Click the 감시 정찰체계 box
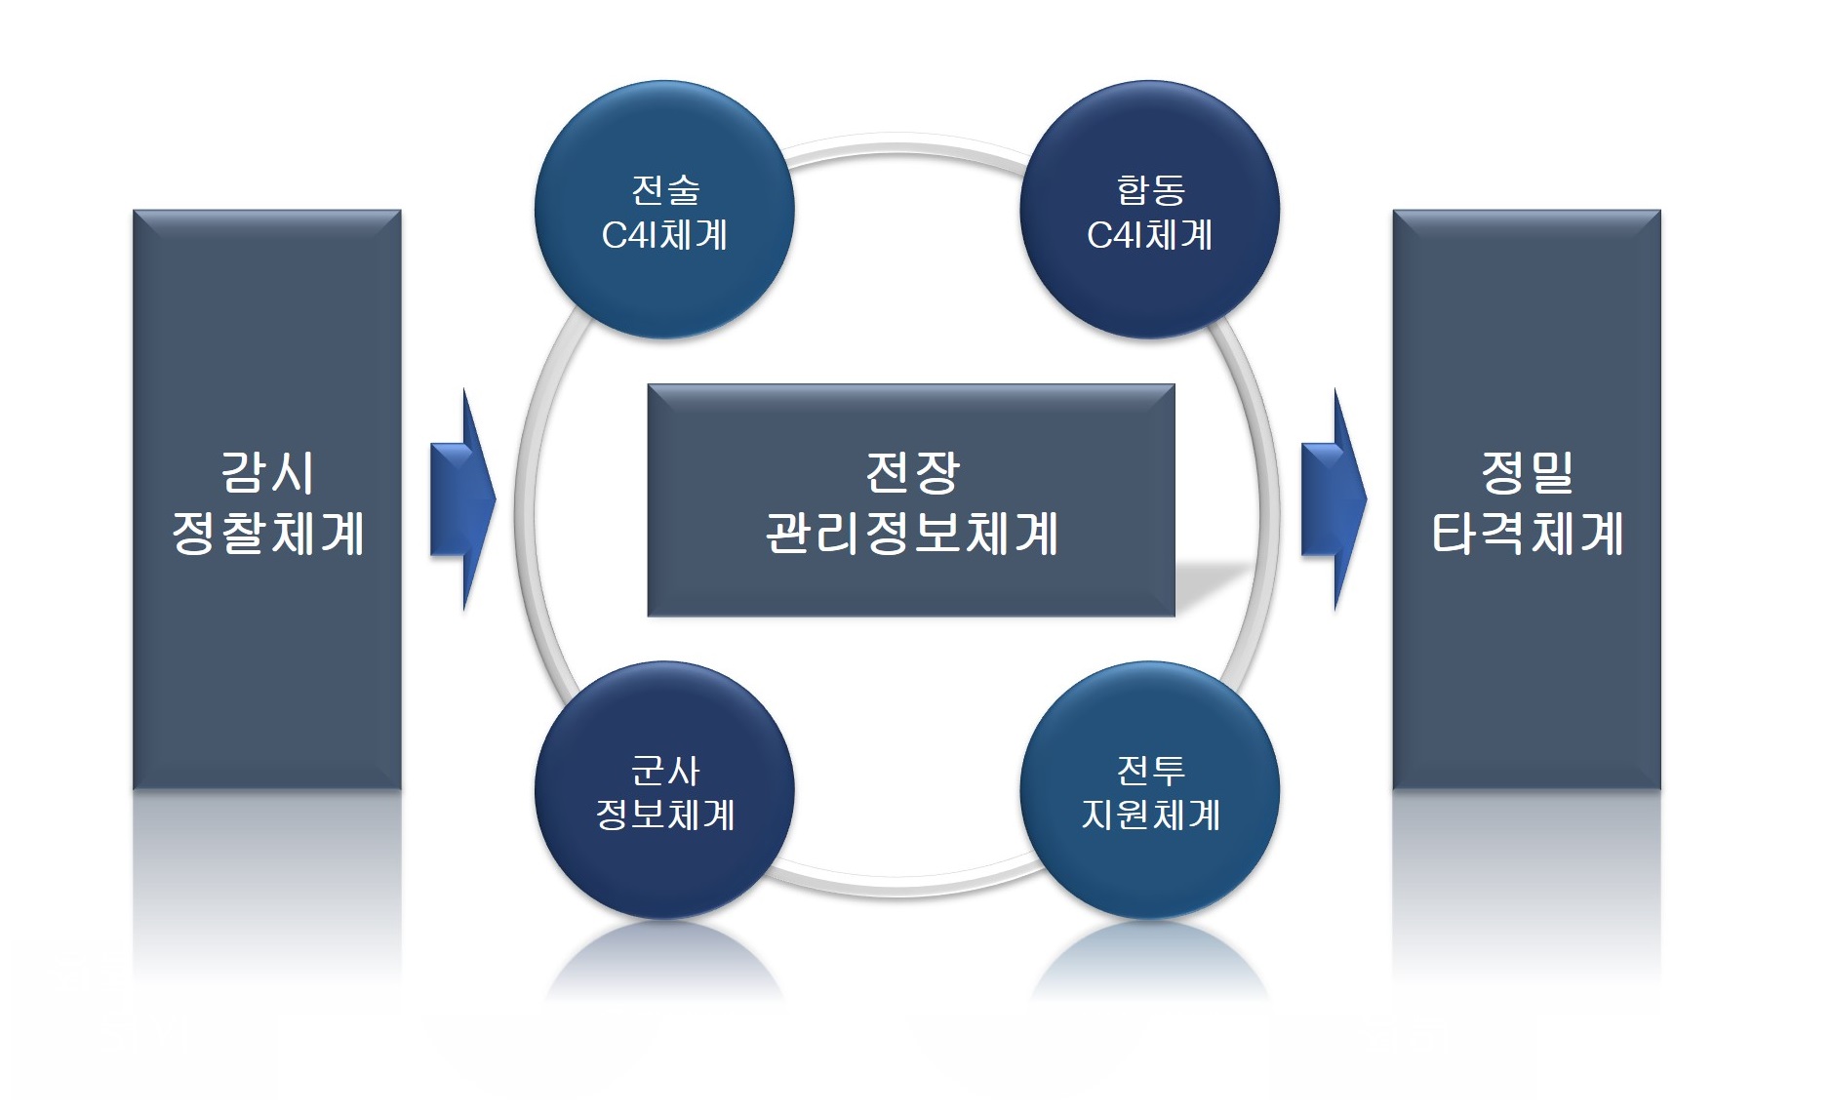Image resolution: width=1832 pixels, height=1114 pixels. pos(267,499)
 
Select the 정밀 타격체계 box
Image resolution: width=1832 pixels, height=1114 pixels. pos(1527,499)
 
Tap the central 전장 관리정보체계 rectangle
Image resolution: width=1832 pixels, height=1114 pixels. pos(911,500)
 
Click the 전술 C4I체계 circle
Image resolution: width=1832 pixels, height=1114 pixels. pos(664,210)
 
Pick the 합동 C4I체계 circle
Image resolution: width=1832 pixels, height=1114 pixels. pos(1150,210)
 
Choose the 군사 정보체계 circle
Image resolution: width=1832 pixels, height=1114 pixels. pos(664,790)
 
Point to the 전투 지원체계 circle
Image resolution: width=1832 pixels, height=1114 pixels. pos(1150,790)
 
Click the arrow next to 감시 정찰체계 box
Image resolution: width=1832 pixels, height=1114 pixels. pos(463,500)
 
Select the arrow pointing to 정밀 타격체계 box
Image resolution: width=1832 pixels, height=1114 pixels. pos(1334,500)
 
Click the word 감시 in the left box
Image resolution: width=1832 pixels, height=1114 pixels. pos(267,473)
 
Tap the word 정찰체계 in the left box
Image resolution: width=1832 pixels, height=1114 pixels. pos(268,534)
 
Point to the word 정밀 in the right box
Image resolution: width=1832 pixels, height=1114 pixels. pos(1528,473)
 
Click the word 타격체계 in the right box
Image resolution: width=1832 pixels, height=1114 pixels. pos(1528,534)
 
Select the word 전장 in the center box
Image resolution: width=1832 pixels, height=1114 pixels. pos(913,473)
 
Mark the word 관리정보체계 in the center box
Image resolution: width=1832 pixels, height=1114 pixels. pos(912,534)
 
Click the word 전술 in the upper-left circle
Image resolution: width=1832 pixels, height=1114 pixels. pos(665,189)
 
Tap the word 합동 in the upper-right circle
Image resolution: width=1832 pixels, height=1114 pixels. pos(1151,189)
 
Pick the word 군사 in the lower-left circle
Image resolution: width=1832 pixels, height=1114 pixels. pos(665,771)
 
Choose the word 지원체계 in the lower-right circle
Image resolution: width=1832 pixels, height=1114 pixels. pos(1151,815)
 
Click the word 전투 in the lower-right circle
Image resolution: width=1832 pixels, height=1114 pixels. pos(1151,771)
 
